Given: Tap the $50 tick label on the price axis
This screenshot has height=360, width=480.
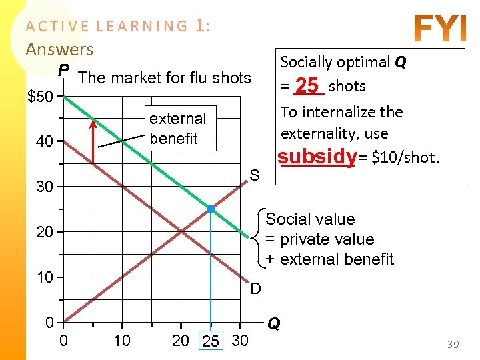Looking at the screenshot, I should click(x=41, y=97).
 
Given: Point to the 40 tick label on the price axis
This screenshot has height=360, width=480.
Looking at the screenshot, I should click(x=44, y=142).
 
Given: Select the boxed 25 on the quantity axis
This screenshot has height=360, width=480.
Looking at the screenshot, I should click(x=211, y=342).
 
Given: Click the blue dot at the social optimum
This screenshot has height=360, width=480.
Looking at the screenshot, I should click(x=211, y=209).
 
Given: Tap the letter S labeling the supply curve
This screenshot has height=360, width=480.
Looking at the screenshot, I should click(x=255, y=175).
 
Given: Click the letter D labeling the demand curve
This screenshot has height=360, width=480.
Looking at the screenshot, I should click(x=256, y=289).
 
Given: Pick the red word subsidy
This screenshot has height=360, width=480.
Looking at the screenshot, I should click(x=317, y=157).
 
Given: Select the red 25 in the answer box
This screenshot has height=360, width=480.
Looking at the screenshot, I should click(x=307, y=86).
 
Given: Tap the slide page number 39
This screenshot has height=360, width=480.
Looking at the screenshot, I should click(x=453, y=344).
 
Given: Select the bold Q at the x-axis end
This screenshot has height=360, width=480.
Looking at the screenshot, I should click(x=273, y=324).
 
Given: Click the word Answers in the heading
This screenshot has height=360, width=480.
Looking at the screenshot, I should click(x=59, y=49).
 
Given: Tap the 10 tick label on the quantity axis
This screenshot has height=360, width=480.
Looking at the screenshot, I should click(x=121, y=341).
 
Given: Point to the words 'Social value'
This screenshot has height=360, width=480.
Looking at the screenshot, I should click(x=311, y=219).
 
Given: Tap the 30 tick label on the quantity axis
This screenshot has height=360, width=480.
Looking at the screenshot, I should click(x=239, y=341).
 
